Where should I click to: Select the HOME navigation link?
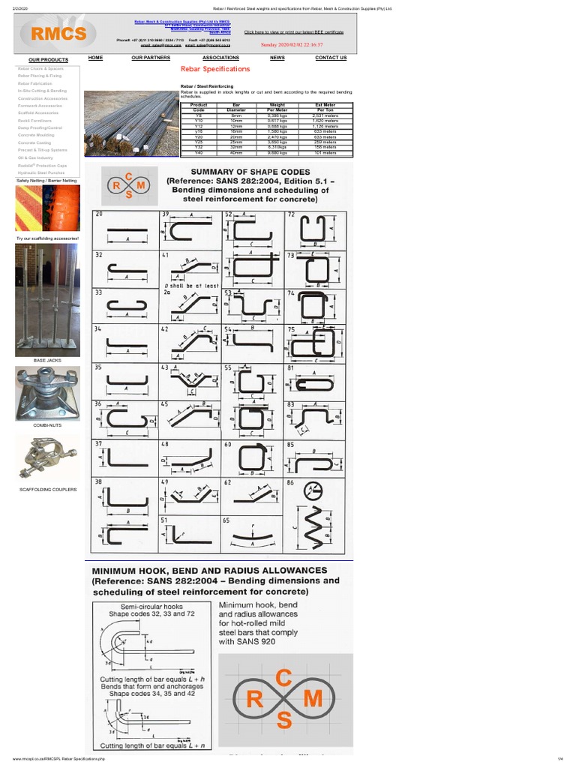click(x=95, y=58)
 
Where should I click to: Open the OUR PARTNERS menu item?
click(x=151, y=58)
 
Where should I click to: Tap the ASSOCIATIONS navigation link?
click(x=220, y=58)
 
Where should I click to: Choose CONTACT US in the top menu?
click(x=331, y=58)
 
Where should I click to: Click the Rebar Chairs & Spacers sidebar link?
click(x=40, y=68)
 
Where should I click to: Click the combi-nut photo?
click(x=47, y=394)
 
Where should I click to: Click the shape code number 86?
click(x=291, y=484)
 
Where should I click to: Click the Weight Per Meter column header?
click(x=277, y=107)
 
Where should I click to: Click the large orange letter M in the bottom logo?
click(x=312, y=699)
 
